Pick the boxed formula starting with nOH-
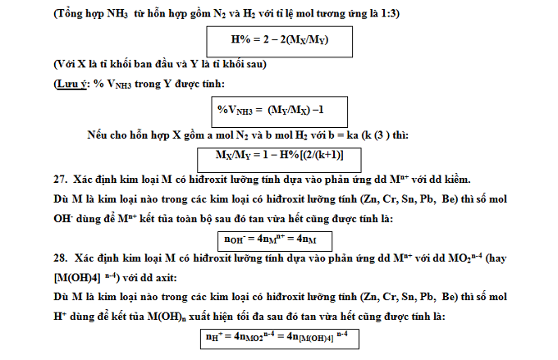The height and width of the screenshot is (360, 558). point(270,239)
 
